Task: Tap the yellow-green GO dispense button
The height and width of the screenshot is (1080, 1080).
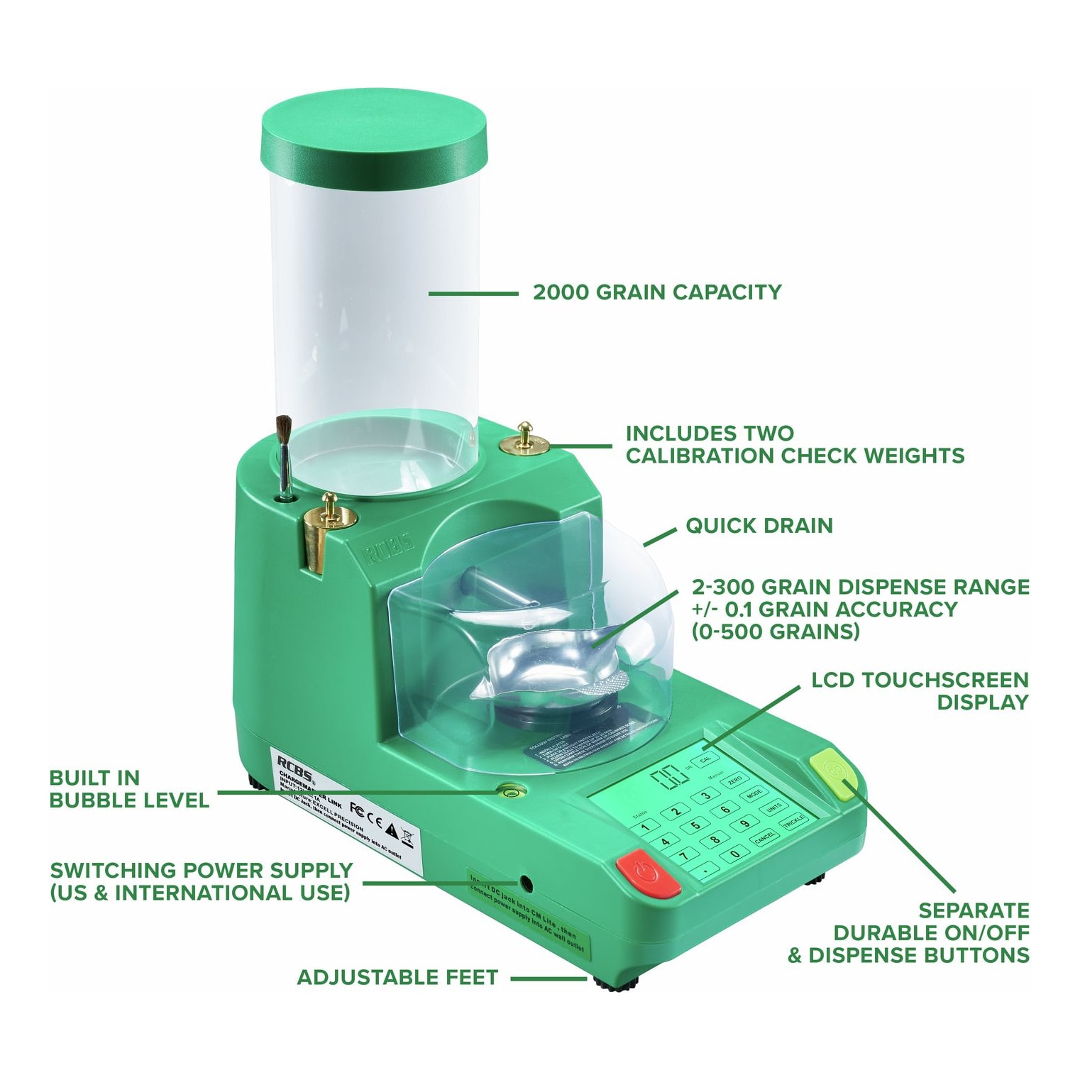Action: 837,775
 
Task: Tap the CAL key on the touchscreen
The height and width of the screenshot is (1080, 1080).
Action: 705,759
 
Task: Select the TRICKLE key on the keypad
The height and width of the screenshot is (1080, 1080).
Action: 793,820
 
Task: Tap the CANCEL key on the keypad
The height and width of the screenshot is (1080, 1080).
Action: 765,837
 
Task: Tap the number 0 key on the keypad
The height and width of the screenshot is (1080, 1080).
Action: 736,854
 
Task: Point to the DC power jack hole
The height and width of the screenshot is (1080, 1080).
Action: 526,883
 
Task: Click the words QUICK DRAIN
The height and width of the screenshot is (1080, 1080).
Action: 759,526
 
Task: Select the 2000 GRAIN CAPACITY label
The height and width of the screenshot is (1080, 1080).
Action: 656,292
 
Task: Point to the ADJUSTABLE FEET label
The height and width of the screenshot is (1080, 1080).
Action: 397,978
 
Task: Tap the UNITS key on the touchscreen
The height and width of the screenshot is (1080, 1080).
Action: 773,808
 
